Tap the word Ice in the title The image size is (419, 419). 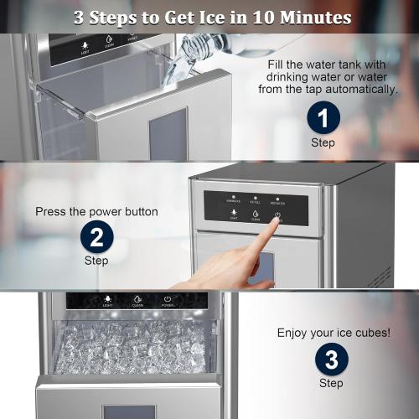pyautogui.click(x=215, y=17)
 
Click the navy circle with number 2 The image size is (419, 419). pyautogui.click(x=96, y=238)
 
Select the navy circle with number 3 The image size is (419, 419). pyautogui.click(x=331, y=360)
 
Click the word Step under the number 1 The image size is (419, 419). pyautogui.click(x=323, y=142)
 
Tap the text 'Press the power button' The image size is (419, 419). pyautogui.click(x=96, y=212)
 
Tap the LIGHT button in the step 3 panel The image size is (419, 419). pyautogui.click(x=107, y=299)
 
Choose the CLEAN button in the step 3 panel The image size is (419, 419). pyautogui.click(x=137, y=299)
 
